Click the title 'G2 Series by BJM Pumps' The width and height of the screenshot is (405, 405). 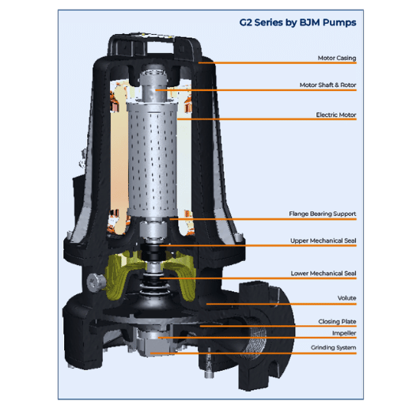297,23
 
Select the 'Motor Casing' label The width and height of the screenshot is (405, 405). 337,58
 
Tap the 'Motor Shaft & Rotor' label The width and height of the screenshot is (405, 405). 327,85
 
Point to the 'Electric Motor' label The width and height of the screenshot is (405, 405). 336,115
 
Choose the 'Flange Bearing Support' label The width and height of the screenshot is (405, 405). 323,214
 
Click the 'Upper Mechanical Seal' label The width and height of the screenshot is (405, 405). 324,240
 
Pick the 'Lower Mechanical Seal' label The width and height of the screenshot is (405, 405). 324,274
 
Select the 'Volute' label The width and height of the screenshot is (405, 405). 346,298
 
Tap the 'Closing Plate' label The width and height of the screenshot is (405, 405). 337,322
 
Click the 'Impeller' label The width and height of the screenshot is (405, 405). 344,333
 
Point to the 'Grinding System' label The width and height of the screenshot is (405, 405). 333,347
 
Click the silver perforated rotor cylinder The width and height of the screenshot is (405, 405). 152,161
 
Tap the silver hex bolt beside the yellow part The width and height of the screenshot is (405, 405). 96,282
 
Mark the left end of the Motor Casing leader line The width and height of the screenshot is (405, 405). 199,63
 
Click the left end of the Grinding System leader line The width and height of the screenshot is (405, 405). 150,354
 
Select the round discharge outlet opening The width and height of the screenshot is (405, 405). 255,339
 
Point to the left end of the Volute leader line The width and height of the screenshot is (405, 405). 206,304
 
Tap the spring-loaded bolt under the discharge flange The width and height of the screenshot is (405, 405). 209,363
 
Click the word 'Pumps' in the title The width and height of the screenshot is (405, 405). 339,23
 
